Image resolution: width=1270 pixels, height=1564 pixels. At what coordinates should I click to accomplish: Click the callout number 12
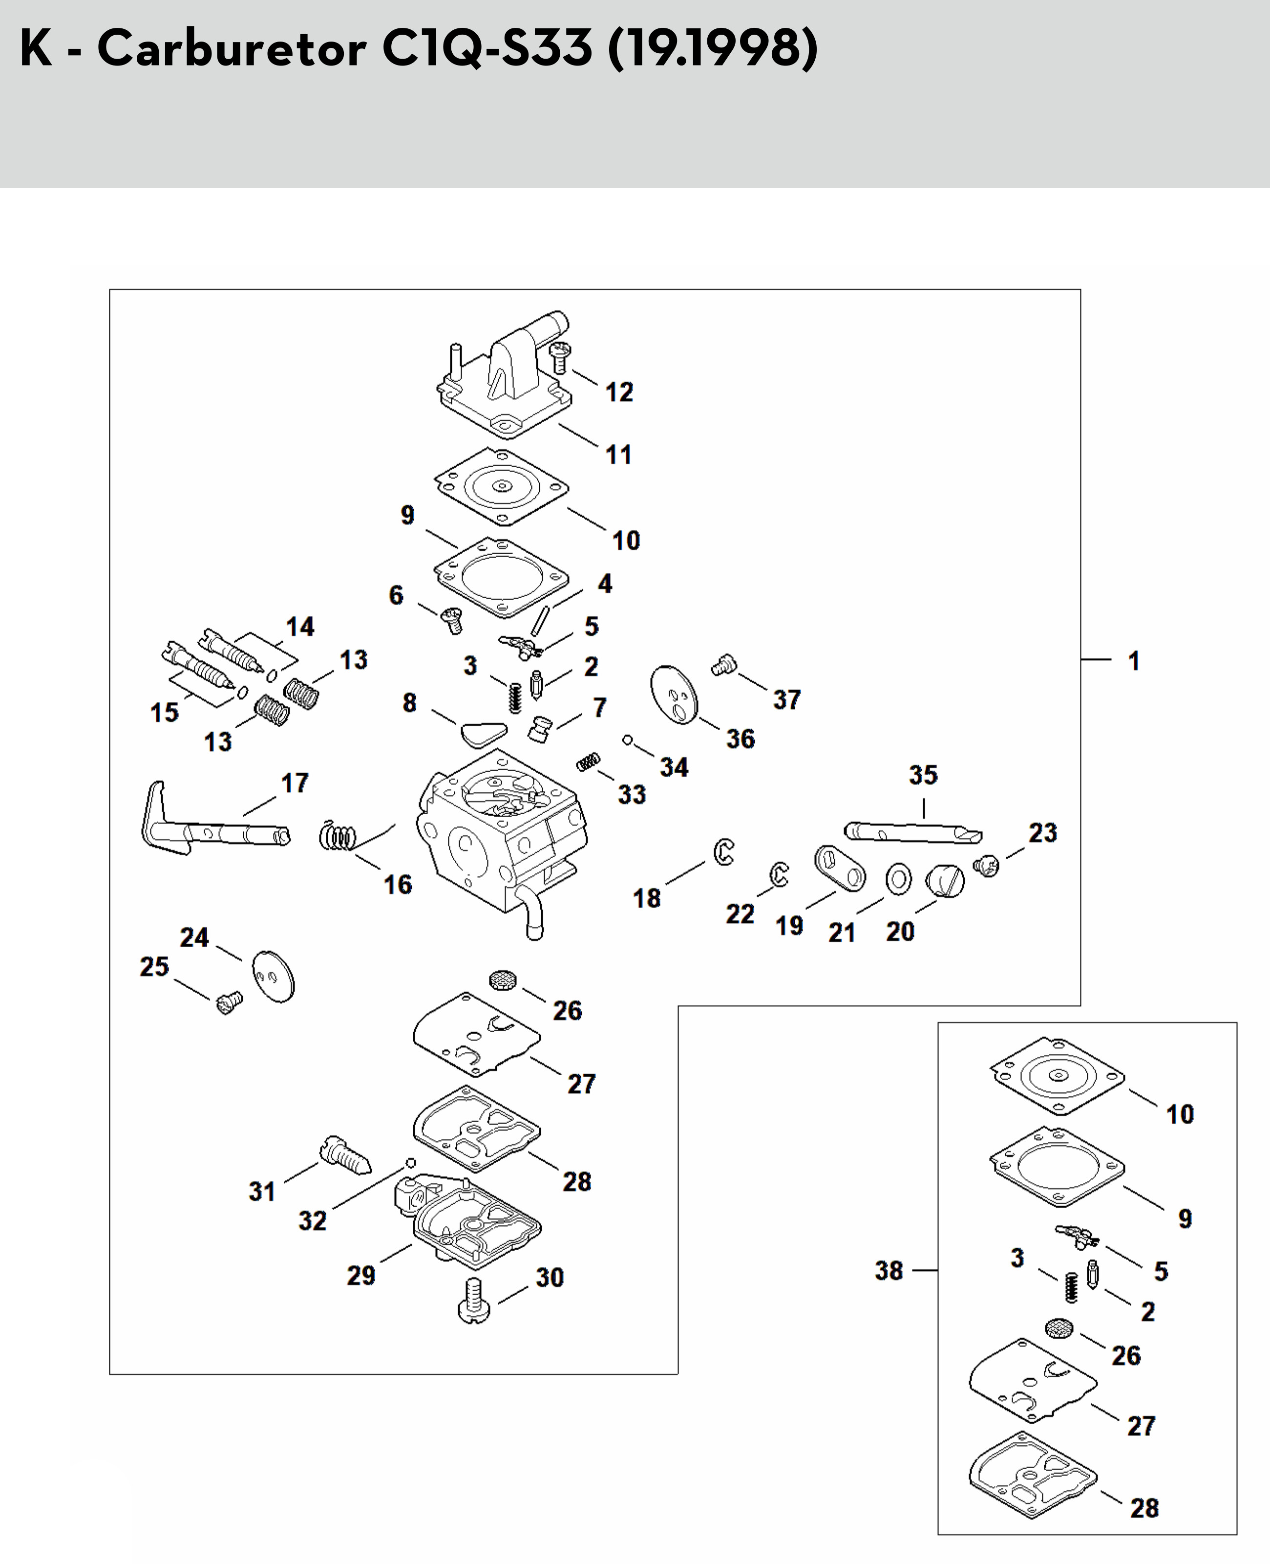coord(619,392)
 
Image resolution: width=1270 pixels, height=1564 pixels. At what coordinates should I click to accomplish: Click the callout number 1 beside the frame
coord(1133,661)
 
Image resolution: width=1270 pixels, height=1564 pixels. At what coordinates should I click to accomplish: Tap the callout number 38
coord(889,1271)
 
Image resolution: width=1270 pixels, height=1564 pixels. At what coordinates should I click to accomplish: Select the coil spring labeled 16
coord(339,835)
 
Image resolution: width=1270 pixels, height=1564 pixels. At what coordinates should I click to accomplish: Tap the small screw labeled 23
coord(987,867)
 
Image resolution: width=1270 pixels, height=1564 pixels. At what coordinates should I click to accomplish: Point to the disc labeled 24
coord(273,977)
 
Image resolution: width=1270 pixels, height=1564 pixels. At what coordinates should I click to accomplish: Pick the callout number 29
coord(360,1276)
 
